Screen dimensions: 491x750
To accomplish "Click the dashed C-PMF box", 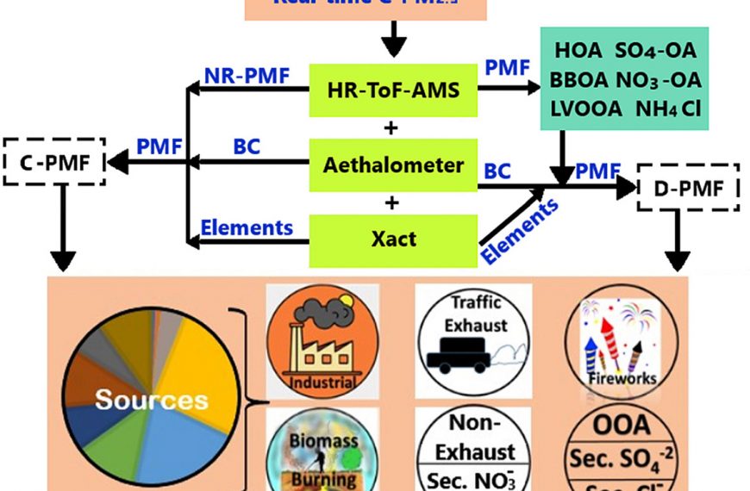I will click(53, 160).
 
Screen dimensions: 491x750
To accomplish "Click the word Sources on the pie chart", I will click(152, 400).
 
